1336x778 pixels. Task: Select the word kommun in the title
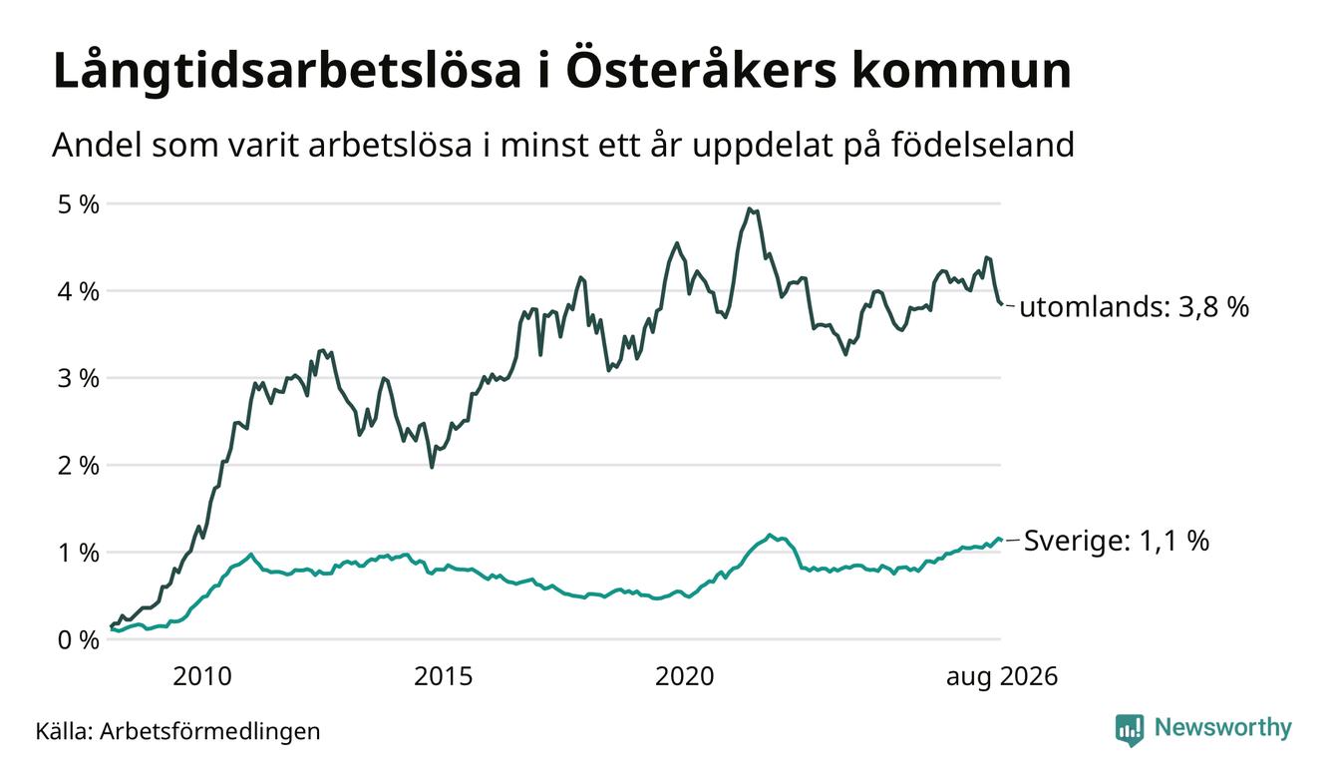(961, 71)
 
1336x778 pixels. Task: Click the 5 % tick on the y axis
(78, 204)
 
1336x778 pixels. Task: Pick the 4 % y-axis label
(78, 291)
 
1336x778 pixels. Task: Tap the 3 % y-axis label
(78, 378)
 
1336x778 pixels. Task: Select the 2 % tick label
(78, 466)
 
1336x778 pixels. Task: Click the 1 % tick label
(78, 553)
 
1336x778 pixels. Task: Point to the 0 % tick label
(78, 640)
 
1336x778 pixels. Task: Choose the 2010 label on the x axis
(202, 676)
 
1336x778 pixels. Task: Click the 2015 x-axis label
(443, 676)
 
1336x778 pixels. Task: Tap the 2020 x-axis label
(684, 676)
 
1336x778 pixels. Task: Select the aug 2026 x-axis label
(1002, 677)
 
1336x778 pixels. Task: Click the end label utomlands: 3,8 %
(1135, 307)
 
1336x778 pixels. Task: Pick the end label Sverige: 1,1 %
(1117, 541)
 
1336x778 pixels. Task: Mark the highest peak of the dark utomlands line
(749, 208)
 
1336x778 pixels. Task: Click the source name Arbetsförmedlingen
(210, 731)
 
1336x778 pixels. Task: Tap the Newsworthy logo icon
(1130, 730)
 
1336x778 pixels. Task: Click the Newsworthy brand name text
(1223, 728)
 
